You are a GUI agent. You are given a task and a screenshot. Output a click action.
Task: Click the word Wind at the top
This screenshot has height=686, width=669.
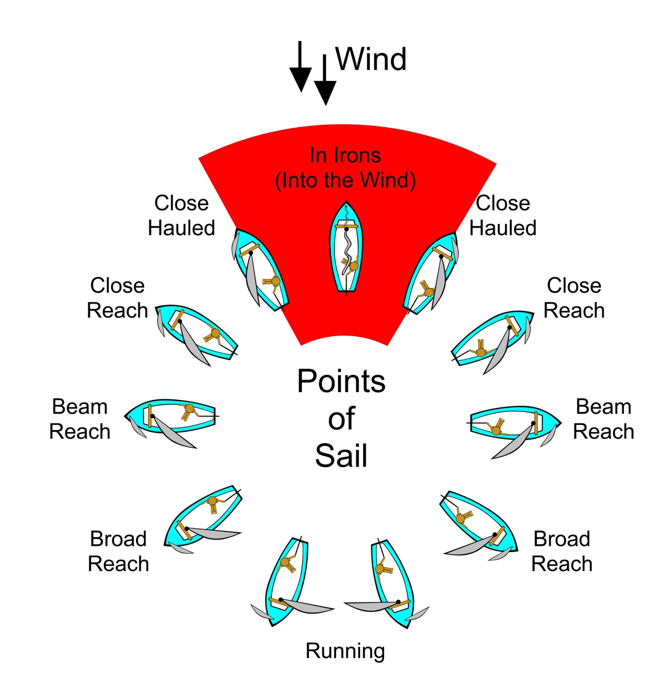point(371,59)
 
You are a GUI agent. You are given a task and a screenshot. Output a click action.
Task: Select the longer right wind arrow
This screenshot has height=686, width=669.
point(325,80)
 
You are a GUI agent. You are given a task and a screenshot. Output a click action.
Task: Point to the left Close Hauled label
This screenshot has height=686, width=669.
point(182,215)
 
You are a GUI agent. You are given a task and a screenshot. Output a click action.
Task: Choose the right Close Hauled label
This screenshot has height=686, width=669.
point(503,215)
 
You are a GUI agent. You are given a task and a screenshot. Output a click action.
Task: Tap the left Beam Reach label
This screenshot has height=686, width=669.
point(80,419)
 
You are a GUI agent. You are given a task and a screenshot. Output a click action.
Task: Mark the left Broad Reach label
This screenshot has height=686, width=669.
point(119,551)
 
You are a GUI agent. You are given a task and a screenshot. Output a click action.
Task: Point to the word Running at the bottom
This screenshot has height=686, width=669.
point(345,651)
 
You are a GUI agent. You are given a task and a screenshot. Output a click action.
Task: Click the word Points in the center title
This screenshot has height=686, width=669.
point(341,381)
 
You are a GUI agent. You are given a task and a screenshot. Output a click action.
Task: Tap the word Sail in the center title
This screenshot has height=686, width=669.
point(341,455)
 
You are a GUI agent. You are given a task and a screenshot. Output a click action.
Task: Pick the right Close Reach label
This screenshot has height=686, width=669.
point(574,298)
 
